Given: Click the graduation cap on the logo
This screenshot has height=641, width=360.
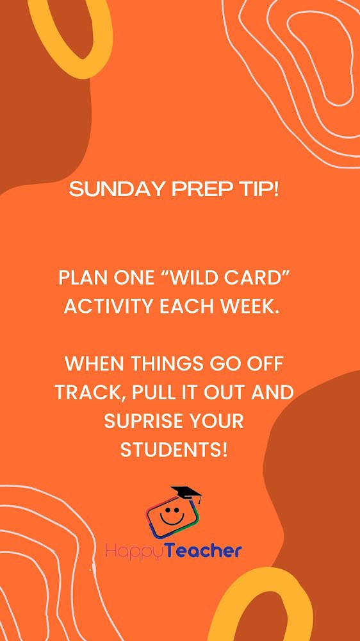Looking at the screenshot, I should tap(186, 495).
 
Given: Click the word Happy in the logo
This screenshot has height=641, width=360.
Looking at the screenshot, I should tap(130, 551).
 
